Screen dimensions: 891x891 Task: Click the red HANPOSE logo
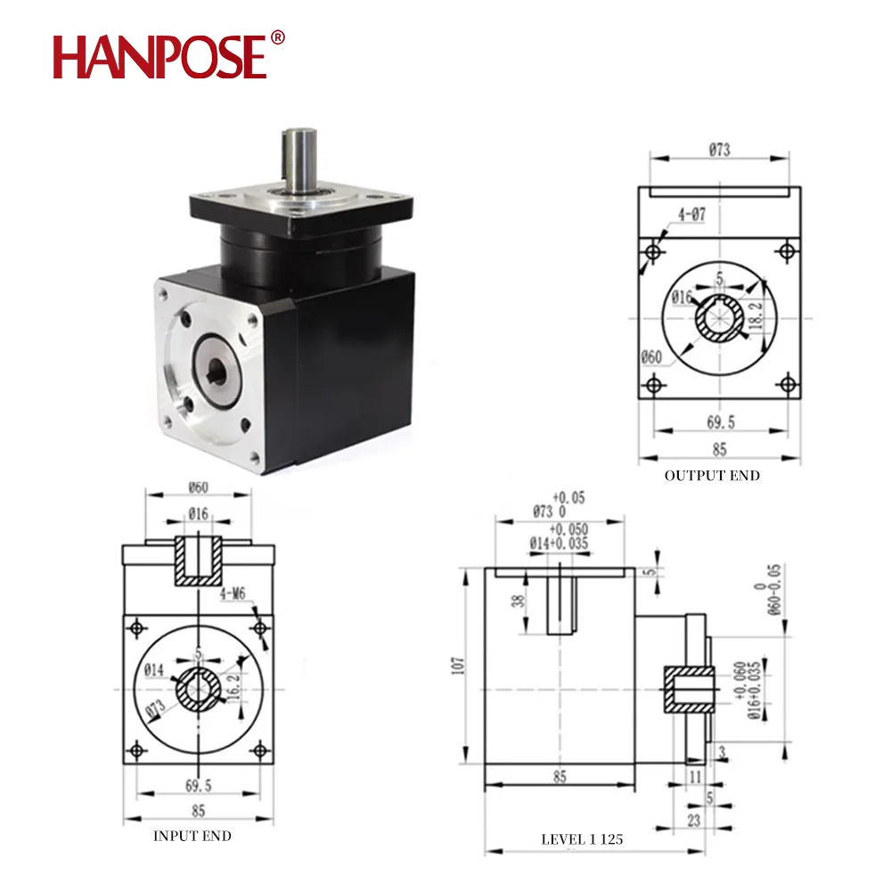coord(159,56)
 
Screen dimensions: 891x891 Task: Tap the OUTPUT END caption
coord(712,476)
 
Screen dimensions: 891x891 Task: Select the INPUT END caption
coord(192,836)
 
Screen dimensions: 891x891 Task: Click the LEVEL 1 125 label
coord(582,839)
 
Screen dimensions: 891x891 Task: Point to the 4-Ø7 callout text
coord(691,214)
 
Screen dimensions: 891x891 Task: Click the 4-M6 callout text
coord(233,593)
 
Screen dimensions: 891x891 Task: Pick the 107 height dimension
coord(458,666)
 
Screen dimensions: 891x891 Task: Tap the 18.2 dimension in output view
coord(756,316)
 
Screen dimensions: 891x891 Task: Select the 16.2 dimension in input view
coord(233,686)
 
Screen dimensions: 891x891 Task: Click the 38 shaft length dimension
coord(518,601)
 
